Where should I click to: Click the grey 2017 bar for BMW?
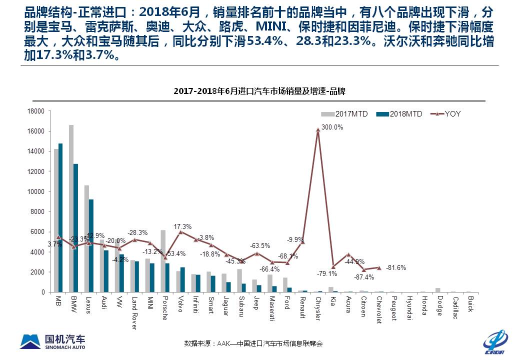pyautogui.click(x=71, y=208)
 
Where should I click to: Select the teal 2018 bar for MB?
pyautogui.click(x=60, y=217)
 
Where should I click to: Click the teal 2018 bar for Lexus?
pyautogui.click(x=91, y=245)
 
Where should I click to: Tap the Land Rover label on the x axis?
pyautogui.click(x=134, y=312)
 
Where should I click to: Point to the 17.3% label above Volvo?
pyautogui.click(x=183, y=226)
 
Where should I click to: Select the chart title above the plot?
pyautogui.click(x=259, y=91)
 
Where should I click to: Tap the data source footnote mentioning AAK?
pyautogui.click(x=253, y=343)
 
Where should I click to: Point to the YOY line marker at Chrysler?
pyautogui.click(x=318, y=130)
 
